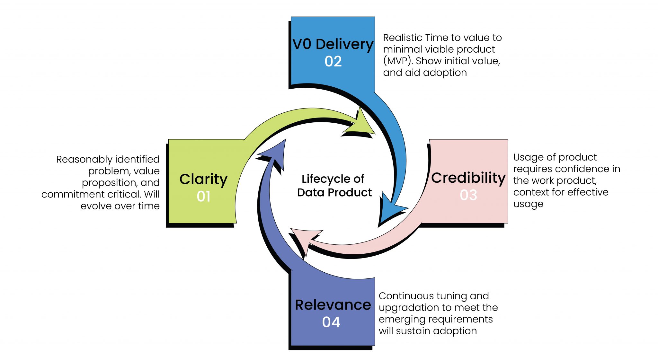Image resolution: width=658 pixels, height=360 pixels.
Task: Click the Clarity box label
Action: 203,179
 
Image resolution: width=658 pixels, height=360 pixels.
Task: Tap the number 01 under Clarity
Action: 203,197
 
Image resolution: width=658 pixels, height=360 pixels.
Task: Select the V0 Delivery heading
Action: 333,44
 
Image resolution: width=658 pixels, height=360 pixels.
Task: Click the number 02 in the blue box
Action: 333,61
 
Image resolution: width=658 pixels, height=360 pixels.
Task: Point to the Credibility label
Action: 468,178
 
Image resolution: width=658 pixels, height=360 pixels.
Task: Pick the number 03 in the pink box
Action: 468,195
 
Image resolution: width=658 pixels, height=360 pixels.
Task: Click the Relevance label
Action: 333,305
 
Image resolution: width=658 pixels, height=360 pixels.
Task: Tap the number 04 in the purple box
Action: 331,322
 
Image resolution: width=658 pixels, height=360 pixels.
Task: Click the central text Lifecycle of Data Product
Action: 333,186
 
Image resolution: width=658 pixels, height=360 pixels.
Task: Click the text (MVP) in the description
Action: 397,61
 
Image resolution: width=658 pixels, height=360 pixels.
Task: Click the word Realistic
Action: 403,38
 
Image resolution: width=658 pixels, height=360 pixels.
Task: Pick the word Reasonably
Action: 84,159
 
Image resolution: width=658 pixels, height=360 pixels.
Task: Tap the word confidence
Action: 578,169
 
